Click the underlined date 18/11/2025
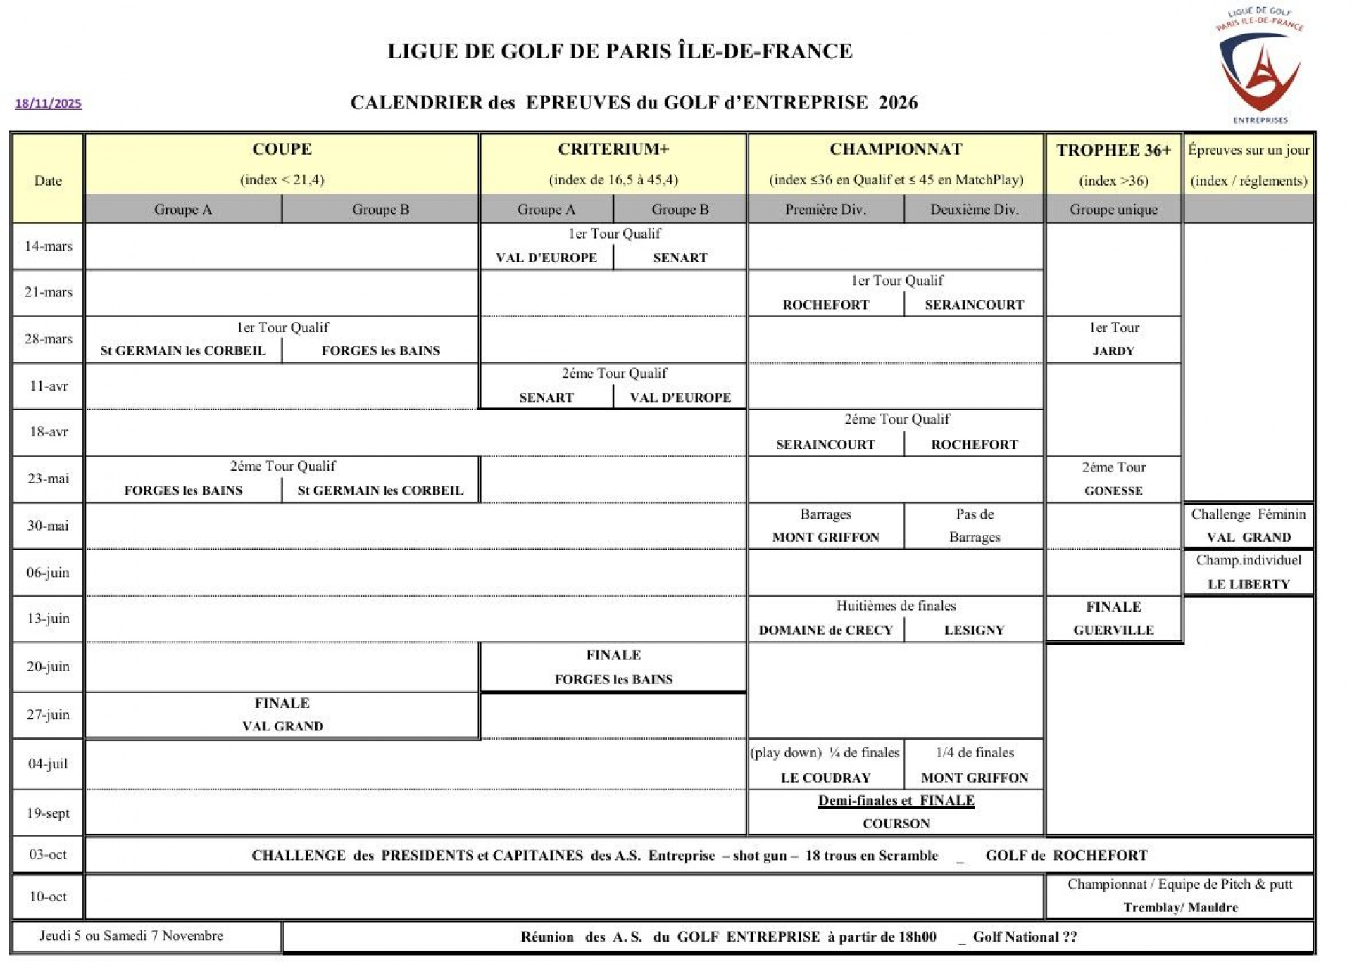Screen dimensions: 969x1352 point(49,103)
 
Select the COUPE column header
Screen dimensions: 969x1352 point(282,149)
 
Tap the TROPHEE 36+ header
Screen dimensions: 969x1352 point(1113,150)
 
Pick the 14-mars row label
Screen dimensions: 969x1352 point(49,246)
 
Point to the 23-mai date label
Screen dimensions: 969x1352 point(49,479)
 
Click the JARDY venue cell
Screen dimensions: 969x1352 point(1113,351)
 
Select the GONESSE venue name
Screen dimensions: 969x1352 point(1113,490)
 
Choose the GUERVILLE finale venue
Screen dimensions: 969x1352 point(1113,630)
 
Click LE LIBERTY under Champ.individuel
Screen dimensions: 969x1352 point(1248,584)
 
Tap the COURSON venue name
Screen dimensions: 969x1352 point(896,823)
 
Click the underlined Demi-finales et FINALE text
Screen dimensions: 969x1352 point(896,801)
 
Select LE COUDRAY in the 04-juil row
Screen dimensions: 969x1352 point(825,778)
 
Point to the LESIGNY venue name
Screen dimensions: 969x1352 point(974,630)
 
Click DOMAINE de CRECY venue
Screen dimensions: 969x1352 point(825,630)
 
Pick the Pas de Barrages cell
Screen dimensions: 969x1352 point(974,526)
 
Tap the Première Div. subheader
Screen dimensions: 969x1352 point(825,210)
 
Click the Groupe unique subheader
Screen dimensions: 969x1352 point(1113,210)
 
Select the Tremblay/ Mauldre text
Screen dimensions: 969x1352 point(1180,907)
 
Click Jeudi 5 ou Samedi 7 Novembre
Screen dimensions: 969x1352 point(131,936)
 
